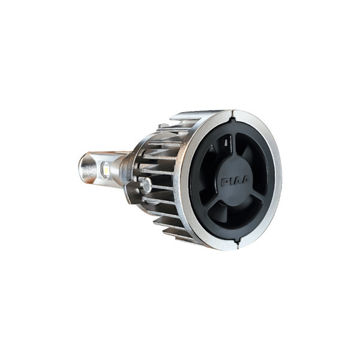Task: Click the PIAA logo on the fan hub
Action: click(234, 182)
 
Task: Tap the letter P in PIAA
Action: click(224, 182)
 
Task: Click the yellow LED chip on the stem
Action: click(106, 167)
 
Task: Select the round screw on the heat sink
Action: click(146, 184)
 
